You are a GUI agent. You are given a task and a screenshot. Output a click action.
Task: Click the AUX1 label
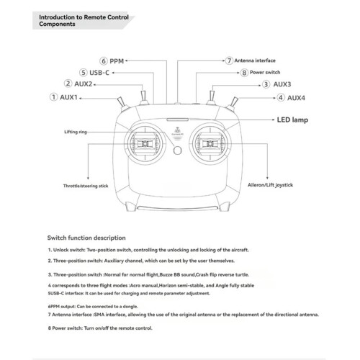[68, 97]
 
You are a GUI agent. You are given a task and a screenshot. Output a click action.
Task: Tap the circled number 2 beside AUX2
[68, 84]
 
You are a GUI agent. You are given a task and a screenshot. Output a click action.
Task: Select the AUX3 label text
[282, 84]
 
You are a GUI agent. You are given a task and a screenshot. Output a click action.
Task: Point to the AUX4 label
[296, 98]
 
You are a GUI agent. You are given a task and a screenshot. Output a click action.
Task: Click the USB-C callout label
[99, 73]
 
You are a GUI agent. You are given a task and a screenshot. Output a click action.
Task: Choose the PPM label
[117, 61]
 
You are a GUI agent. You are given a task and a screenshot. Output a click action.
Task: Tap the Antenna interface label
[255, 60]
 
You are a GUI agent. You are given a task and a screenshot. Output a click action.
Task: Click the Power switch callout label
[265, 72]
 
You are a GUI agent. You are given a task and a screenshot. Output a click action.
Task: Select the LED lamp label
[292, 120]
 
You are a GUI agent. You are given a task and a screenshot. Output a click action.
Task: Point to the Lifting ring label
[76, 132]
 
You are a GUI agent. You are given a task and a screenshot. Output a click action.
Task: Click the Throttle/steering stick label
[86, 186]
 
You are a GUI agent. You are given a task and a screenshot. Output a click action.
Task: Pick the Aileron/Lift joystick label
[270, 185]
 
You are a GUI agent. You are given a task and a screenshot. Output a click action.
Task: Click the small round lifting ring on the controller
[177, 150]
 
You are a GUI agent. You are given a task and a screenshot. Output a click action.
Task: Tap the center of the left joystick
[145, 143]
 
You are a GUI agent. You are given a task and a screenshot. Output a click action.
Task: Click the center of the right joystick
[210, 144]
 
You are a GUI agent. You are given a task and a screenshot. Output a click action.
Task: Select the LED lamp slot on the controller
[178, 120]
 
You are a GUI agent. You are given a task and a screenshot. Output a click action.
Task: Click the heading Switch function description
[86, 238]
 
